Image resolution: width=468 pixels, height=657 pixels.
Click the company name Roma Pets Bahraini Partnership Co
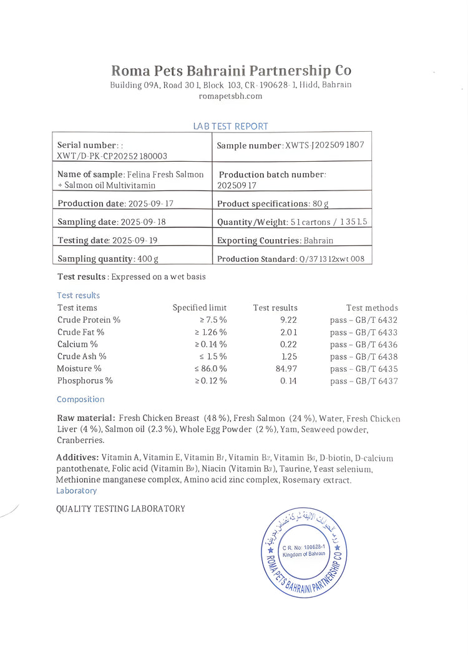pyautogui.click(x=231, y=70)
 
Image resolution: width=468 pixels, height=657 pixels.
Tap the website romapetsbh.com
pyautogui.click(x=230, y=96)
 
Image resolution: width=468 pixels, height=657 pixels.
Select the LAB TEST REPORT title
pyautogui.click(x=231, y=126)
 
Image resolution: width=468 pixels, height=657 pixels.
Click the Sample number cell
pyautogui.click(x=290, y=145)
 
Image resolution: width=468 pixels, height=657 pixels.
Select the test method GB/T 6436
pyautogui.click(x=364, y=344)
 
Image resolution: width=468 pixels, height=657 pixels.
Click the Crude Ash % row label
pyautogui.click(x=82, y=356)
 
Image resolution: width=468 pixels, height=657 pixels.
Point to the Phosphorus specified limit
pyautogui.click(x=210, y=380)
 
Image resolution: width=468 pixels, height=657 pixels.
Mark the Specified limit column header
pyautogui.click(x=200, y=308)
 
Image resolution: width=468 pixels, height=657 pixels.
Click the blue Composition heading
pyautogui.click(x=80, y=399)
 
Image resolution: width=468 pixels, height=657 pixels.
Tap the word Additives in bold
pyautogui.click(x=77, y=458)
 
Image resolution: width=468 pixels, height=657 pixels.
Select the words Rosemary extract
pyautogui.click(x=317, y=480)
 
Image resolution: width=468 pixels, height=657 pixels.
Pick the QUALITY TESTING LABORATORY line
pyautogui.click(x=120, y=508)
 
